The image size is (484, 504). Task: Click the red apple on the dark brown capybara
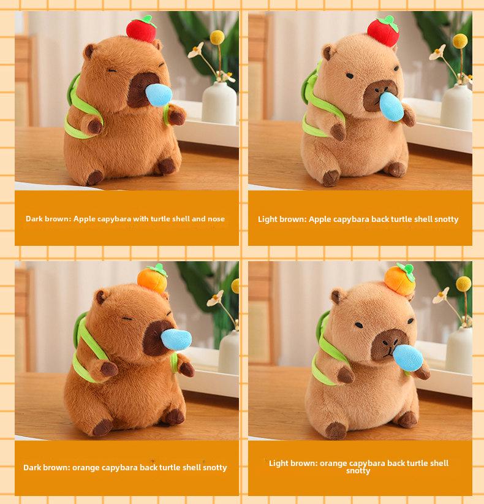tap(141, 29)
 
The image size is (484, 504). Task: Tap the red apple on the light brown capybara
tap(383, 31)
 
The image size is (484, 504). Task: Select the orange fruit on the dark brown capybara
tap(153, 278)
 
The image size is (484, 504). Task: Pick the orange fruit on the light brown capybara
tap(400, 279)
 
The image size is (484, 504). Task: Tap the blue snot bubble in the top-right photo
tap(391, 107)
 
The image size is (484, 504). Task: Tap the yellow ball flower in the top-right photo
tap(460, 41)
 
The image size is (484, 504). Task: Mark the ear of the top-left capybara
tap(89, 51)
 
